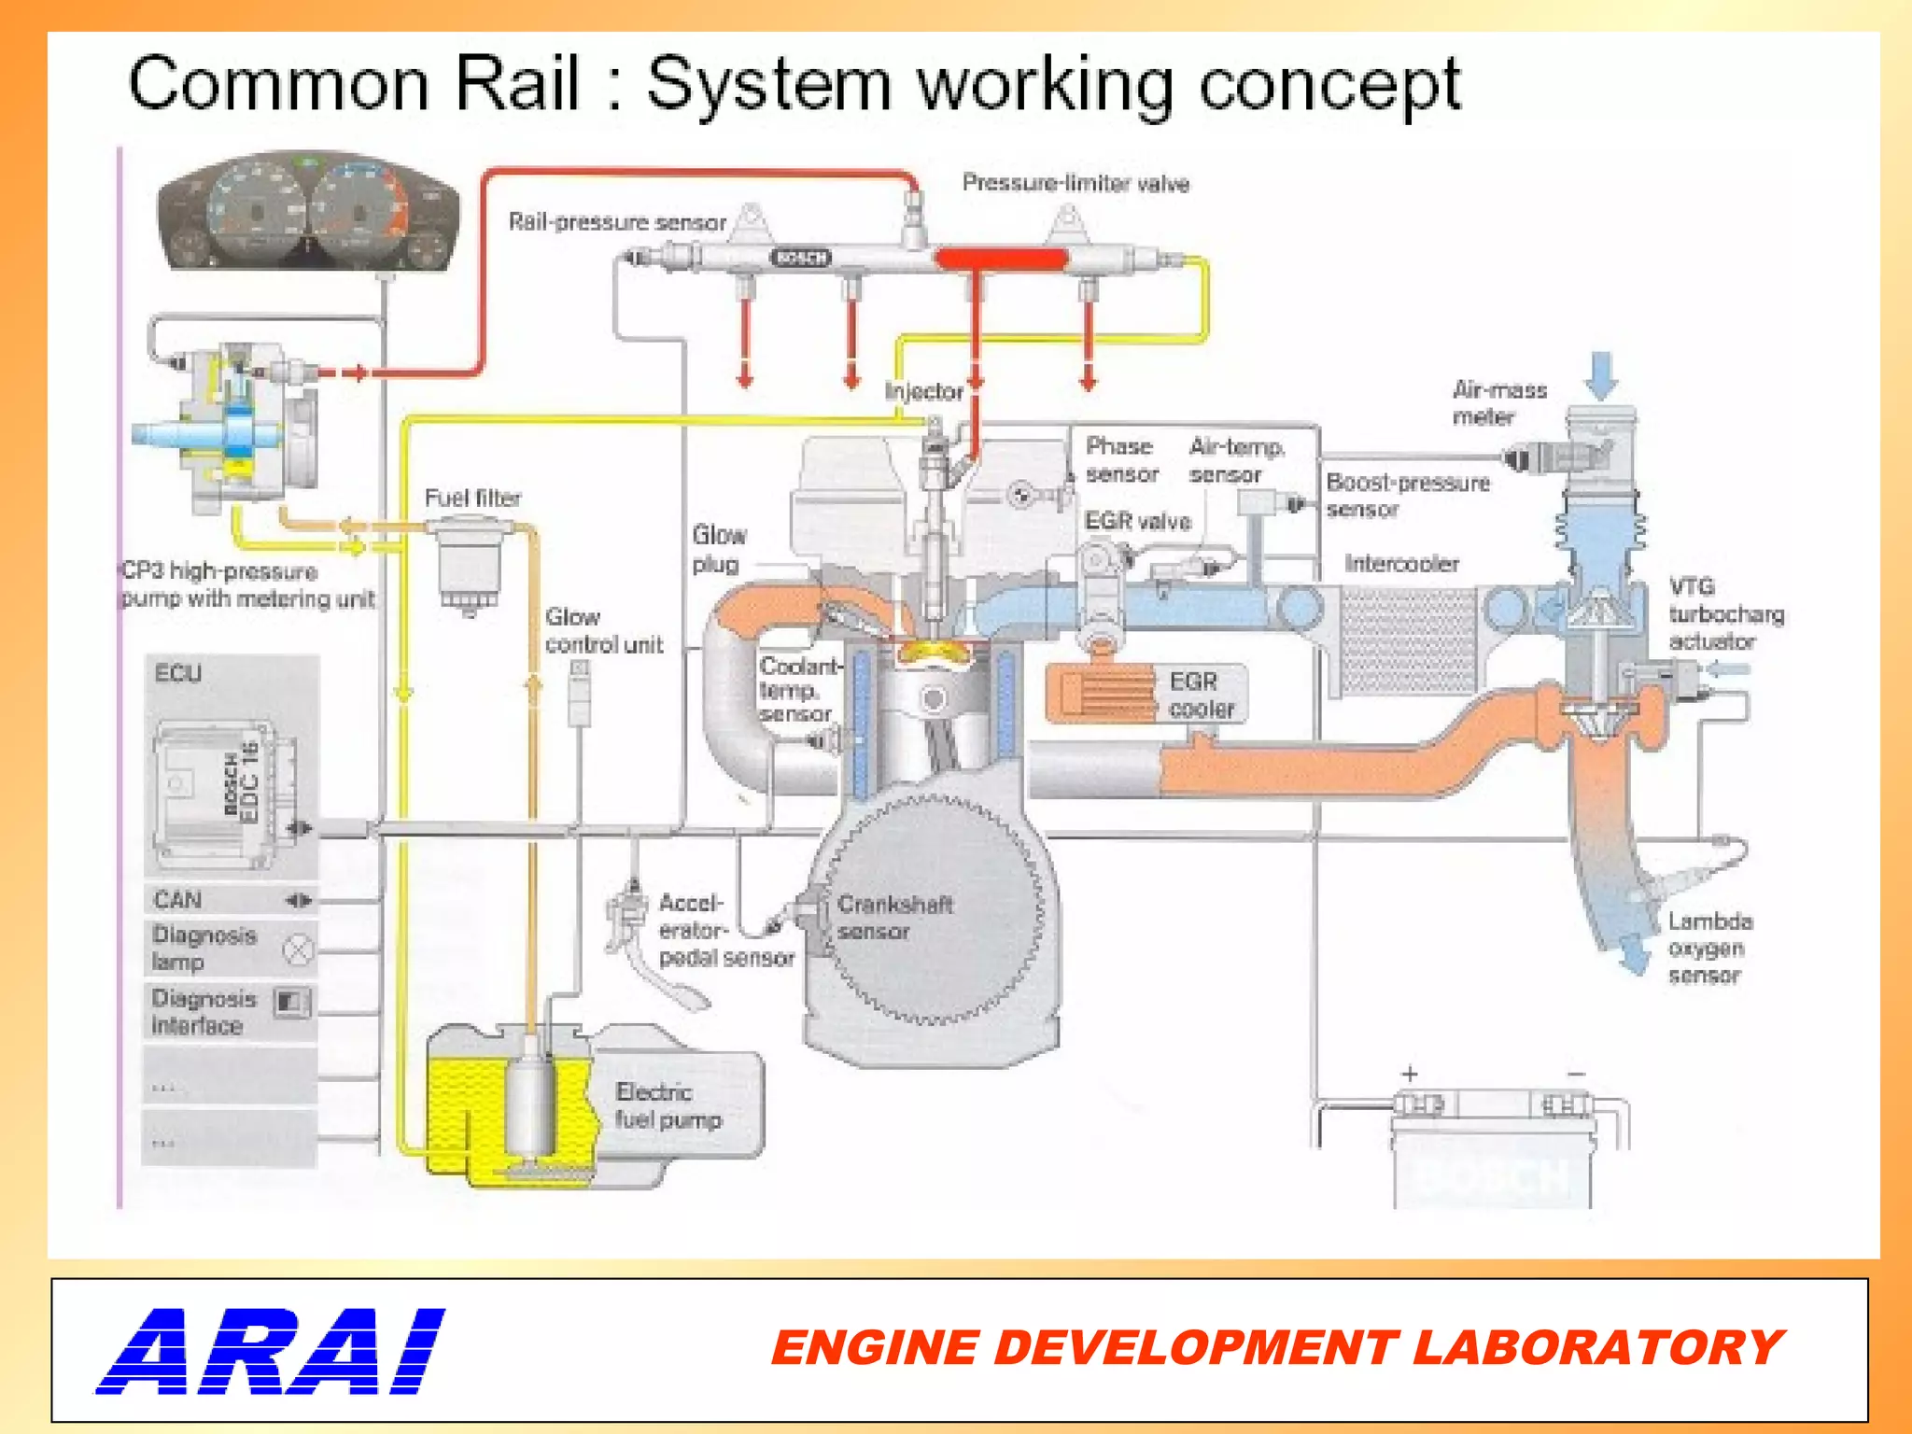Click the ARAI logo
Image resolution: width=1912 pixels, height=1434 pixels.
click(x=271, y=1351)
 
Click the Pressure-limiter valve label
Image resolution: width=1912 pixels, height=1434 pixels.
click(x=1075, y=183)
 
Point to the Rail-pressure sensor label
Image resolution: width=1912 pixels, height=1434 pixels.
click(x=617, y=222)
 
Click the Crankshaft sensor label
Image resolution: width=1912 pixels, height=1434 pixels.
click(x=893, y=918)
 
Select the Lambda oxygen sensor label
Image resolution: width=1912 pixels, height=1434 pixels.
click(x=1709, y=948)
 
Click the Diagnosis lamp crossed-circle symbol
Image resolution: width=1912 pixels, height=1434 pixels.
click(x=298, y=950)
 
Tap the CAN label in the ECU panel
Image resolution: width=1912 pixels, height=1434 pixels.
click(x=177, y=900)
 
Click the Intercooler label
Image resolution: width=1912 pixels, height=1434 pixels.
click(x=1400, y=564)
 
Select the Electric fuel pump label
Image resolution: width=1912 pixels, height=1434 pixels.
click(x=668, y=1105)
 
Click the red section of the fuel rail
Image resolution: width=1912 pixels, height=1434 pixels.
click(x=1001, y=259)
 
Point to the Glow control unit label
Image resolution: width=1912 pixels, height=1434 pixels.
click(x=603, y=631)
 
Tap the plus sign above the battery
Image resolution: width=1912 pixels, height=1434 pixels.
click(x=1410, y=1074)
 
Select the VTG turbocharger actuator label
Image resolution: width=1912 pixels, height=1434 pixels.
click(x=1725, y=614)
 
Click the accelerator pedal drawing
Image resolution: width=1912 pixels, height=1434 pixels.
click(x=654, y=962)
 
